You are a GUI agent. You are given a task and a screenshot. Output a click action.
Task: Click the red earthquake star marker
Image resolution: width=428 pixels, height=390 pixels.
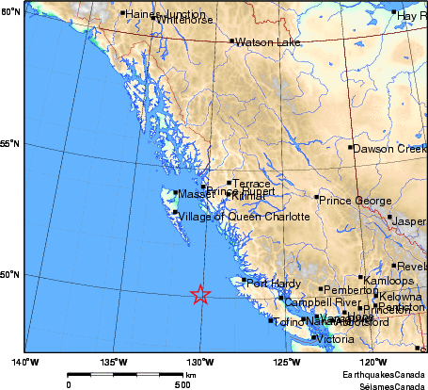click(x=199, y=295)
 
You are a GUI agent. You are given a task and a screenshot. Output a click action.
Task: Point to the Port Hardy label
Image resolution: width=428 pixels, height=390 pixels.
click(x=271, y=284)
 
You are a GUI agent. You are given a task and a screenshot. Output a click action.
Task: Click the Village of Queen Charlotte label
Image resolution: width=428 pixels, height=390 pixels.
click(x=232, y=217)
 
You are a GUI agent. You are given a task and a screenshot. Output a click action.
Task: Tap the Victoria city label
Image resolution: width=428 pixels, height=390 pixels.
click(x=336, y=339)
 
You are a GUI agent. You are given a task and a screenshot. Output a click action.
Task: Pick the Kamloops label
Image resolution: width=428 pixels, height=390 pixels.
click(x=388, y=281)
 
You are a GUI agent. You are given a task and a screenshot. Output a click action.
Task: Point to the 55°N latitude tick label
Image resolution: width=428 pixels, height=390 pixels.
click(x=10, y=144)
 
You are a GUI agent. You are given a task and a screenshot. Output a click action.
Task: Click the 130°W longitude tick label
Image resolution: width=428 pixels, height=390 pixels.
click(x=198, y=361)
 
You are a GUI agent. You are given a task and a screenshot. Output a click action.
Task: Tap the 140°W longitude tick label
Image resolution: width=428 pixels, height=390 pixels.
click(x=24, y=361)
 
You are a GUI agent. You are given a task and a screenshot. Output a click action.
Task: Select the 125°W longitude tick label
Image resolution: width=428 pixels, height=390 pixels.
click(x=286, y=361)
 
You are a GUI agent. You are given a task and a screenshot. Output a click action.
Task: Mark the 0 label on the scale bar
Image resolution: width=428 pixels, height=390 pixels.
click(x=69, y=383)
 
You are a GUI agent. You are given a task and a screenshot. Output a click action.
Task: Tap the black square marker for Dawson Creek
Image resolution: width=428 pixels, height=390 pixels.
click(x=350, y=147)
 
